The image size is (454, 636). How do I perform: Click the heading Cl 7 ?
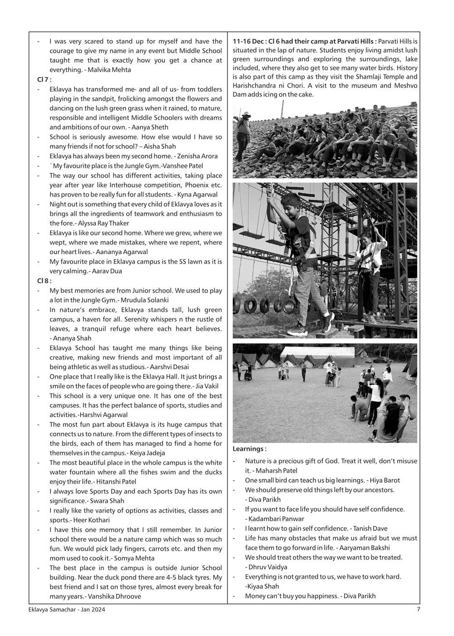coord(44,79)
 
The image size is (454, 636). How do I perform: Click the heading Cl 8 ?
coord(44,281)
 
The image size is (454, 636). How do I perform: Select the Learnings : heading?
coord(249,449)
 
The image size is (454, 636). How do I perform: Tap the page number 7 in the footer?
coord(418,610)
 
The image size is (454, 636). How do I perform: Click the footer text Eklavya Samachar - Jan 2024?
coord(66,610)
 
